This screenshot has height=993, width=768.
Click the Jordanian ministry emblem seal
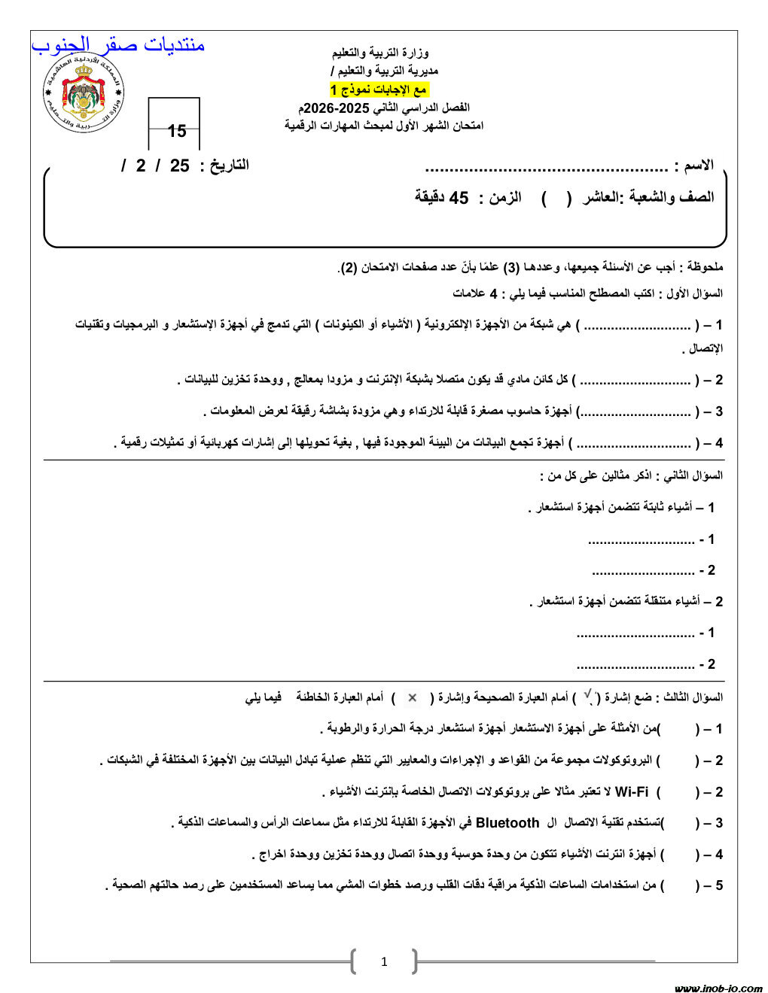[83, 95]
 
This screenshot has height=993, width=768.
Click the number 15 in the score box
[177, 132]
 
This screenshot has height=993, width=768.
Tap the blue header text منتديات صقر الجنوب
[118, 45]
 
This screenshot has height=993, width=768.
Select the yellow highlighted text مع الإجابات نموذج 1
[379, 90]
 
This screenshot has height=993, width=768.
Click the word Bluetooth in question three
[507, 823]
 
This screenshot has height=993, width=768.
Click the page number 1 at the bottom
[384, 961]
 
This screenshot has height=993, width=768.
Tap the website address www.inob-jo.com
[718, 988]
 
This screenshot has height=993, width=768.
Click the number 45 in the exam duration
[459, 198]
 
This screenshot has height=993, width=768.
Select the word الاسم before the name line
[696, 165]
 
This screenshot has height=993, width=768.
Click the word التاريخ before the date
[224, 165]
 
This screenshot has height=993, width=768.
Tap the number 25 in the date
[179, 165]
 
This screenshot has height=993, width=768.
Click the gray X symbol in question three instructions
[412, 697]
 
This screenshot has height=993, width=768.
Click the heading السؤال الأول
[690, 293]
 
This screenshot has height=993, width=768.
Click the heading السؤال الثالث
[690, 697]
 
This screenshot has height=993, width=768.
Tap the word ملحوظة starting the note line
[702, 267]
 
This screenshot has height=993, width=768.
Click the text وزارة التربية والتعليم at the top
[380, 53]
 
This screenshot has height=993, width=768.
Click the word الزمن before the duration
[505, 198]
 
